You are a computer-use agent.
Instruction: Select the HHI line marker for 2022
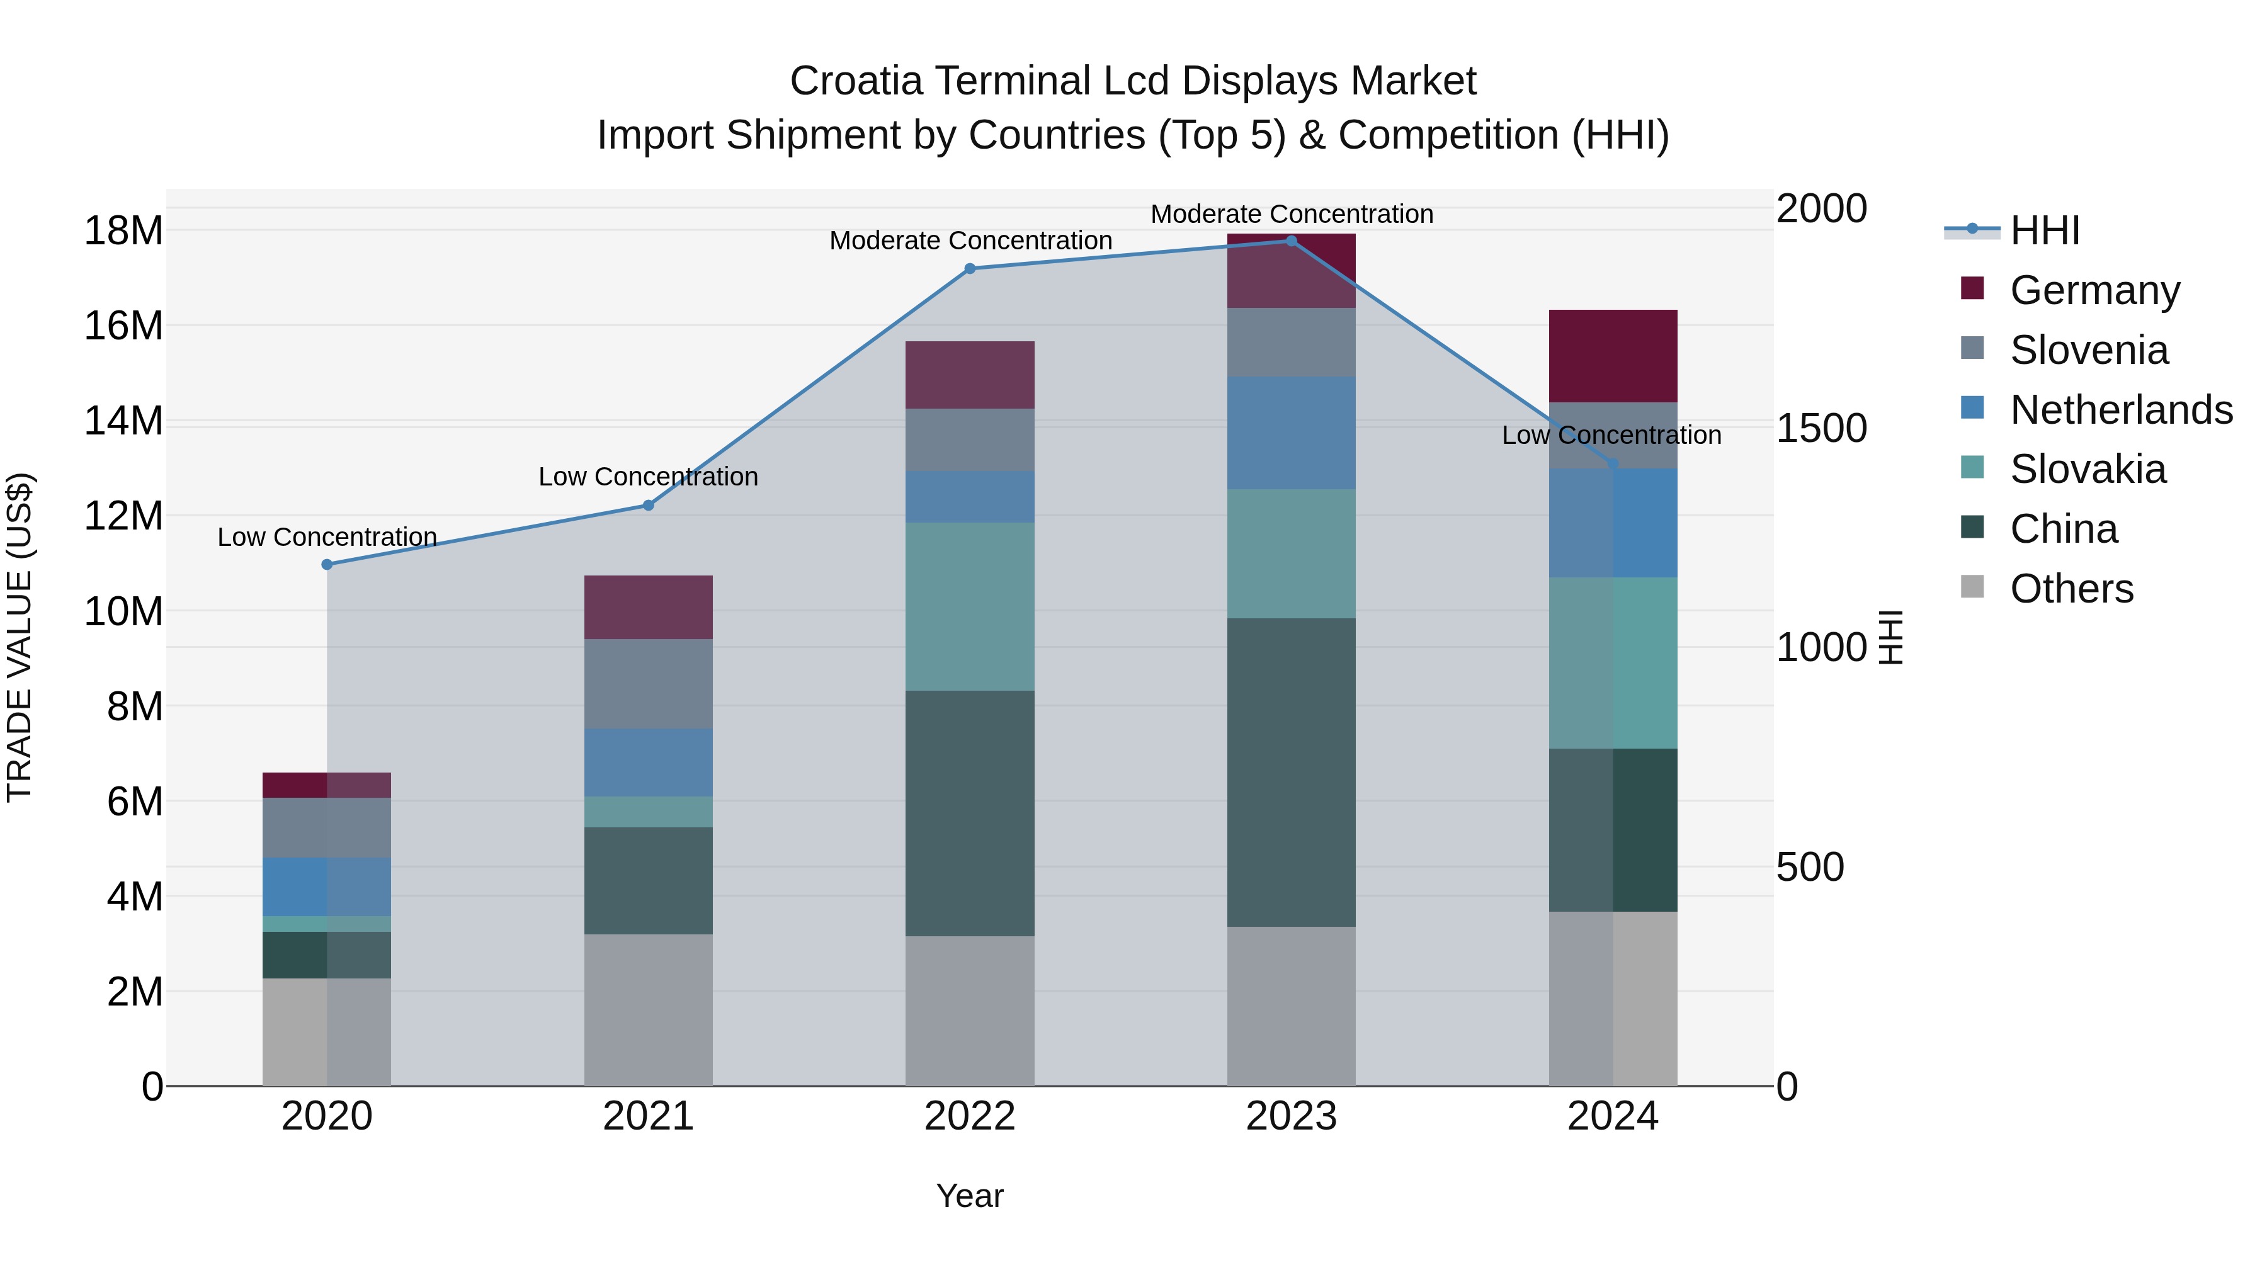(970, 268)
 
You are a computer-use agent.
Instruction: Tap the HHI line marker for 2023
(1291, 241)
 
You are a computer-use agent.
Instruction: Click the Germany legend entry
(2094, 290)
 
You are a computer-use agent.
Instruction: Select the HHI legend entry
(2043, 230)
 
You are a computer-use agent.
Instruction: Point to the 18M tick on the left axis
(123, 232)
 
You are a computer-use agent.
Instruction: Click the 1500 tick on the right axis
(1820, 429)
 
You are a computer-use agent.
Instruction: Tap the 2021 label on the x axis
(648, 1116)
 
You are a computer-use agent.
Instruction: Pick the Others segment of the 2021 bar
(648, 1009)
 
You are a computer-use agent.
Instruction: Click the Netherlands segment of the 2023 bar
(1291, 433)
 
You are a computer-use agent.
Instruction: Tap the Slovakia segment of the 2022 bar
(970, 606)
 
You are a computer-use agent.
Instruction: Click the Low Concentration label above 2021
(648, 477)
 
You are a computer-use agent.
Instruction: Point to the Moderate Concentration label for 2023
(1291, 214)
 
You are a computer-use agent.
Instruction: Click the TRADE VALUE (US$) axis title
(20, 637)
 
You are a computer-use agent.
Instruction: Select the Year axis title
(969, 1196)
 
